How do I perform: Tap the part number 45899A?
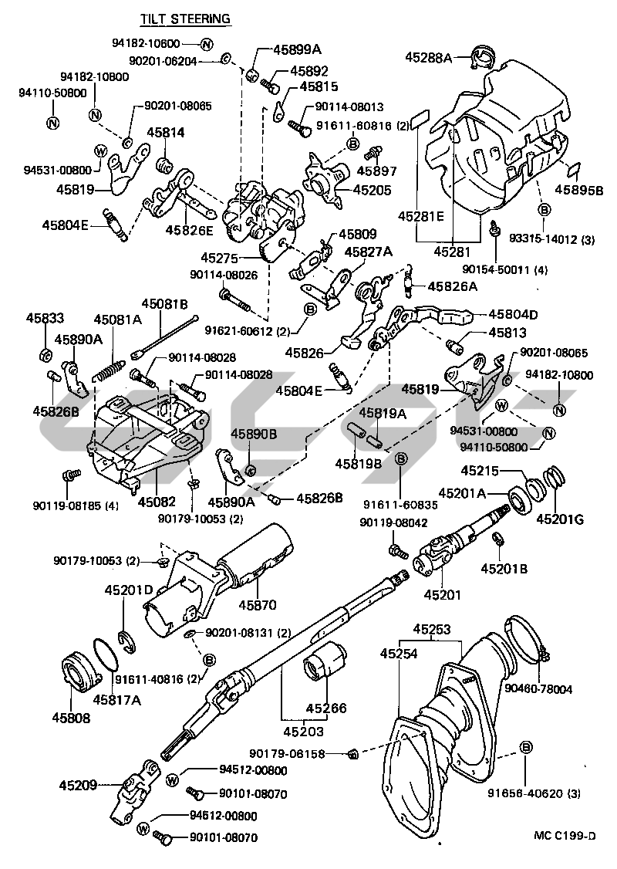tap(296, 49)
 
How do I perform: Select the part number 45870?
tap(257, 604)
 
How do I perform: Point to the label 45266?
tap(325, 707)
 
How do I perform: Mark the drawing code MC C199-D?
tap(565, 835)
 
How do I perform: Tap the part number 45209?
tap(78, 786)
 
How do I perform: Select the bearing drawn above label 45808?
tap(79, 675)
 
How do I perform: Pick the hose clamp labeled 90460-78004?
tap(526, 641)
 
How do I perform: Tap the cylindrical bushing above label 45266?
tap(325, 663)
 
